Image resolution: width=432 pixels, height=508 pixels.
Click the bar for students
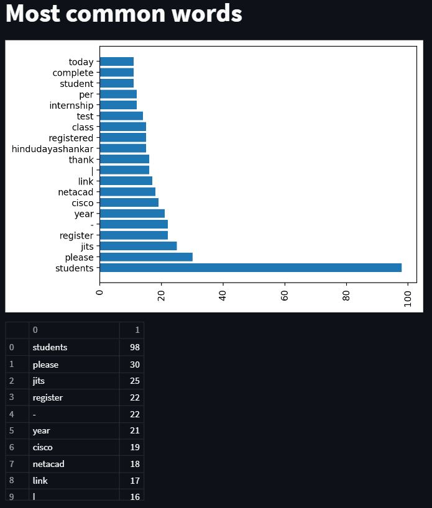(250, 268)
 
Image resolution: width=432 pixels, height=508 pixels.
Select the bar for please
(146, 257)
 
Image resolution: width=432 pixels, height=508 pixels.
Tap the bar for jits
(138, 246)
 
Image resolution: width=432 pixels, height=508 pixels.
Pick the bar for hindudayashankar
(123, 148)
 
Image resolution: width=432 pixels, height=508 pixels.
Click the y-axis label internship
(71, 106)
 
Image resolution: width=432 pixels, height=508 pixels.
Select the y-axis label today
(81, 62)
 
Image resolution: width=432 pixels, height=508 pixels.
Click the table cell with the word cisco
(43, 447)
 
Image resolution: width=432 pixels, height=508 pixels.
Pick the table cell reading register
(48, 397)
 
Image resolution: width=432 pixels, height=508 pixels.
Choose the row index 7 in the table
(12, 464)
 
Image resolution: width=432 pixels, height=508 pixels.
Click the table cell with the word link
(40, 481)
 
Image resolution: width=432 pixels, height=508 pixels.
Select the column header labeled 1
(137, 330)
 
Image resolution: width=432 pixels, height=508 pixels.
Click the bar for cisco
(129, 202)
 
